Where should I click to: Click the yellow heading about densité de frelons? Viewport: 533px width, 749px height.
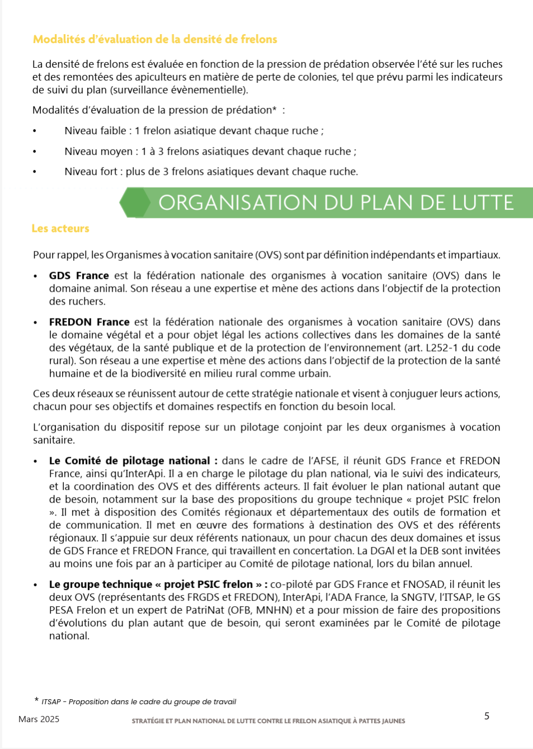[155, 39]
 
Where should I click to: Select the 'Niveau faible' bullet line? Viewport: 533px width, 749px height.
[194, 131]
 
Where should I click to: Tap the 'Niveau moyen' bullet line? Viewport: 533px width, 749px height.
[210, 152]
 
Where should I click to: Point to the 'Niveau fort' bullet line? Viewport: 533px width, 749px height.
[211, 172]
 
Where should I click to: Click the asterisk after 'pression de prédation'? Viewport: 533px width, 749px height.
[274, 110]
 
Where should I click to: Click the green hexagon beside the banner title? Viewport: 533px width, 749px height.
[134, 203]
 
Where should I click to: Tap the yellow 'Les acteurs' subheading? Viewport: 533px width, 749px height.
[60, 228]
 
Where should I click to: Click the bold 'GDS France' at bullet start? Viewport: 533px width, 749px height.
[79, 276]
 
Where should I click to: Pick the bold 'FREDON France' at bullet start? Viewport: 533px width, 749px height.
[89, 322]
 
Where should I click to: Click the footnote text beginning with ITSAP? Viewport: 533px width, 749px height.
[138, 702]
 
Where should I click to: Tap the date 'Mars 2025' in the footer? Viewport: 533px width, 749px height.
[39, 719]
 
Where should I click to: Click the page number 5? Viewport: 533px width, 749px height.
[487, 716]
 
